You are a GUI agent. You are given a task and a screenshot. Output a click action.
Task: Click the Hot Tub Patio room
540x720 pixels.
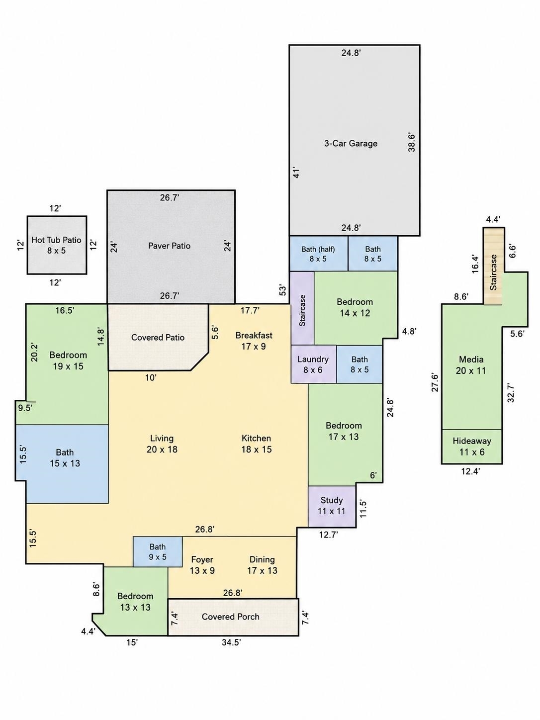(57, 245)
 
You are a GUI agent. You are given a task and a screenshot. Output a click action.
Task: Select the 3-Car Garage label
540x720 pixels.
(351, 143)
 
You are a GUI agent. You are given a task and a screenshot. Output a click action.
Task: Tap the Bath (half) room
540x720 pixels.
(318, 253)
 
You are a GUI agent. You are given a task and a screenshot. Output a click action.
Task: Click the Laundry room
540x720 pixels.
(313, 364)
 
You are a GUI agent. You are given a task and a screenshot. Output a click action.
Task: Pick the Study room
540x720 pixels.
(332, 506)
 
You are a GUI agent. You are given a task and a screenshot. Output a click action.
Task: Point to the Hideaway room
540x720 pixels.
(472, 447)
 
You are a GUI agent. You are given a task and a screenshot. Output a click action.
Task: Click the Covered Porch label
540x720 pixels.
(231, 617)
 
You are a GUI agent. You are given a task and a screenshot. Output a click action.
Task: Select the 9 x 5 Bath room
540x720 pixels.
(158, 552)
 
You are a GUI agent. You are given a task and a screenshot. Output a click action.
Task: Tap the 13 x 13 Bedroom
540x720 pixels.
(135, 601)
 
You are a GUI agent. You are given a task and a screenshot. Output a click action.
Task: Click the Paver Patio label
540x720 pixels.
(169, 246)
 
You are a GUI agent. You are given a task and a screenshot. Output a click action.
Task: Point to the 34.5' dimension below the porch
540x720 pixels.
(231, 642)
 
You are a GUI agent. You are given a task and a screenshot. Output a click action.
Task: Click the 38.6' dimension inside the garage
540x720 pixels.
(412, 142)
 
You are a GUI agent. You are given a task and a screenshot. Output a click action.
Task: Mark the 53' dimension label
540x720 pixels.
(282, 290)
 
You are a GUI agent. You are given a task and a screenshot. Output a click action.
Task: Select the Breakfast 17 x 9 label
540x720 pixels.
(254, 341)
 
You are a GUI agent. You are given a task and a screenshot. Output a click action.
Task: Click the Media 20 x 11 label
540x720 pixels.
(471, 365)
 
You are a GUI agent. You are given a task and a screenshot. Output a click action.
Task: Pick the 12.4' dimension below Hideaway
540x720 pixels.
(470, 471)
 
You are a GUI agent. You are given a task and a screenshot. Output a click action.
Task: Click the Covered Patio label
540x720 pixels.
(158, 338)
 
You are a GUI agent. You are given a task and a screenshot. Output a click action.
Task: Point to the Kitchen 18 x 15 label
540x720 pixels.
(257, 444)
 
